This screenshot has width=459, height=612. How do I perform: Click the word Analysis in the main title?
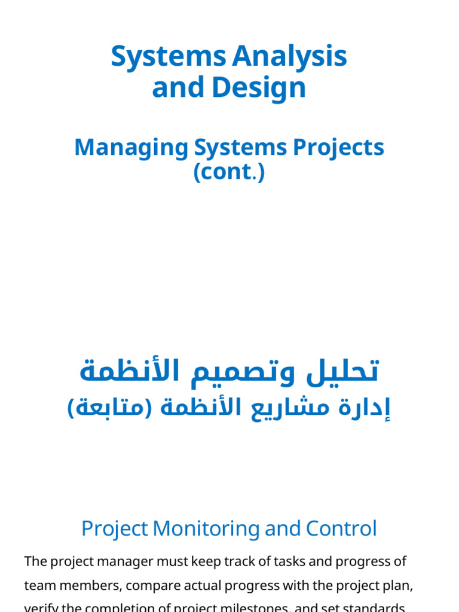click(x=289, y=57)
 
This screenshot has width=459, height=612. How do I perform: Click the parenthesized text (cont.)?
click(x=229, y=172)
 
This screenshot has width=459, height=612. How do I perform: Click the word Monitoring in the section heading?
click(x=204, y=529)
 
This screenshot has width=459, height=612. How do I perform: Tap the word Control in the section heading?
click(x=341, y=529)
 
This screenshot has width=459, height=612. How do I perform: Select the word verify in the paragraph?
click(x=39, y=608)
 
